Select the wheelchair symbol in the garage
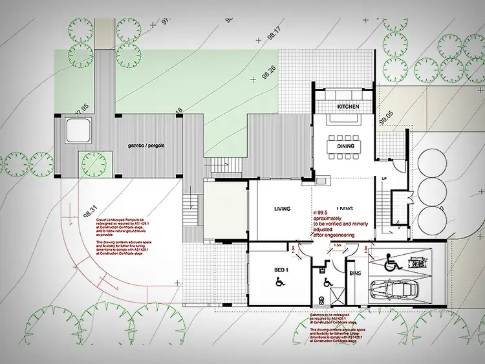[x=391, y=262]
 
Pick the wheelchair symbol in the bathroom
[x=327, y=282]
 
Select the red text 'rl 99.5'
[x=322, y=211]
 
